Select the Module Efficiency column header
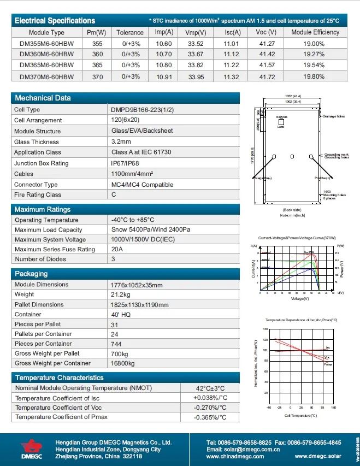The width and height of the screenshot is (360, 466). click(315, 32)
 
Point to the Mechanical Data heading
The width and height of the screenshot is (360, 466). click(43, 98)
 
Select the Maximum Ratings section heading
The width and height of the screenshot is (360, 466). click(43, 209)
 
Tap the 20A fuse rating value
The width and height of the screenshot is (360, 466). click(117, 249)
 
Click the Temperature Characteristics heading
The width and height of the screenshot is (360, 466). click(59, 377)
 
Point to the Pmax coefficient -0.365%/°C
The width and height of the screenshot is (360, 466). click(210, 417)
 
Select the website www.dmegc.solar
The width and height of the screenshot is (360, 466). click(317, 456)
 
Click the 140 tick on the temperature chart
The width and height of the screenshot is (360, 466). click(265, 329)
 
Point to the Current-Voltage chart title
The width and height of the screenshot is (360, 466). click(292, 239)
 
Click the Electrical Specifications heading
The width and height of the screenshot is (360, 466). click(55, 20)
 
